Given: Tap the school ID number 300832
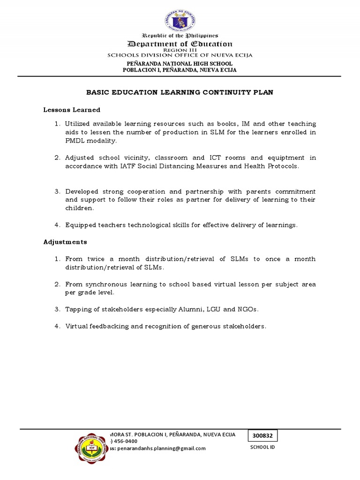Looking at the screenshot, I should point(262,435).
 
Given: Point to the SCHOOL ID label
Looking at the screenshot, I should point(262,447).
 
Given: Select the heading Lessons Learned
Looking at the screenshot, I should point(72,110).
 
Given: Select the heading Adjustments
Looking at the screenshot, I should point(65,242).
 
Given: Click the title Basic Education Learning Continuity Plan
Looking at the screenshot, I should point(180,92).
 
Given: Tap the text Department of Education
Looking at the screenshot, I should point(180,44).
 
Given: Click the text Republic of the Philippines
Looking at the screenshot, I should point(180,36).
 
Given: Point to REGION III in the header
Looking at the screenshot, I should point(180,50).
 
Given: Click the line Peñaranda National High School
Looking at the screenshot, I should point(180,63).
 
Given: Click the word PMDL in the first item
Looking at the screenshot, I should point(74,141).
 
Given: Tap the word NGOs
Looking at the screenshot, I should point(248,309).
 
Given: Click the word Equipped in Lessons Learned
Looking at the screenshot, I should point(80,225).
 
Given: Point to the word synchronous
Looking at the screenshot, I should point(105,284).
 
